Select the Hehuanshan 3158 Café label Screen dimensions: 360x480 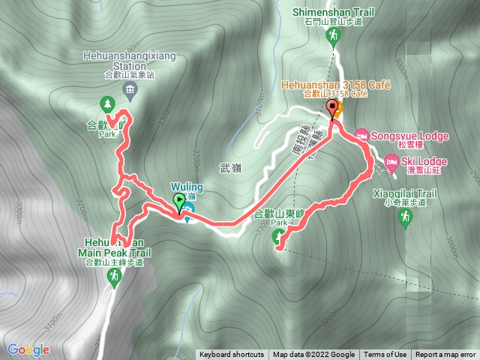[336, 86]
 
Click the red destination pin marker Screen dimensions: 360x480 [332, 109]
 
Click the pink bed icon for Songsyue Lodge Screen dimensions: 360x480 [361, 135]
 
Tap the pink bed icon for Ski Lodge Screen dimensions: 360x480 [391, 160]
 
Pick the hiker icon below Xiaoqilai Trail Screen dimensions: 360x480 [406, 217]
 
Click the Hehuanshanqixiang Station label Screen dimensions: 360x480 [130, 60]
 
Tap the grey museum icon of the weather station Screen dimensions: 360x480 [130, 91]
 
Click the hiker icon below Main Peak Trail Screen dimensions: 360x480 [114, 277]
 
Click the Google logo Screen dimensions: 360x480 [28, 349]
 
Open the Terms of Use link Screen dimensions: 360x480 [385, 355]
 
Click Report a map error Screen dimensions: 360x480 [445, 355]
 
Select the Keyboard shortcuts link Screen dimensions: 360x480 [232, 355]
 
